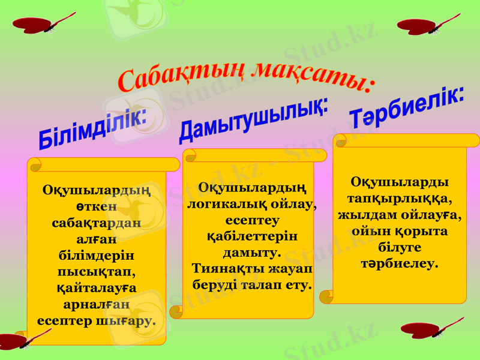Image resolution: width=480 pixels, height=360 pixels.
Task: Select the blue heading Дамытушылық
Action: click(254, 121)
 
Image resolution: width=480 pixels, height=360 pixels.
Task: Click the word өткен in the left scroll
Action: click(96, 206)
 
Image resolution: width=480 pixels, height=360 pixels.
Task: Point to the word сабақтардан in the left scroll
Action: click(96, 221)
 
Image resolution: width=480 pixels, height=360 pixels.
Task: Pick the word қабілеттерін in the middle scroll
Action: click(251, 236)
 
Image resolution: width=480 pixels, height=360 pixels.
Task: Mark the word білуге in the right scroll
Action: click(400, 247)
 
